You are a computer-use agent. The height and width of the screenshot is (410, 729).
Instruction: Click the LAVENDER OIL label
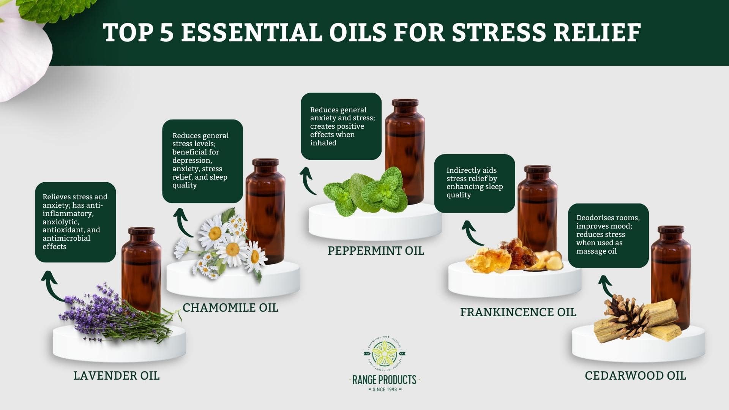[116, 375]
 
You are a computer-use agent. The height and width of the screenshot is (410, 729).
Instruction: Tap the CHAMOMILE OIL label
[230, 307]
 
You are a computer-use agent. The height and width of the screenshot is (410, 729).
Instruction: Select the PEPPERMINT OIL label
[376, 251]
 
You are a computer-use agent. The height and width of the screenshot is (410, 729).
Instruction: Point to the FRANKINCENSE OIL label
[518, 312]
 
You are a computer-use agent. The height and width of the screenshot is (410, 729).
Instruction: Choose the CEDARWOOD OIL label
[635, 375]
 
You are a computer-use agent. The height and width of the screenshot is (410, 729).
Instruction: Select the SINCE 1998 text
[385, 389]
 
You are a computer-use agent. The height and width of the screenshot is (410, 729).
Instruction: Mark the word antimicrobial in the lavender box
[66, 238]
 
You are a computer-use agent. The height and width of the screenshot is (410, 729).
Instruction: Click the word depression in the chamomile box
[191, 161]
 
